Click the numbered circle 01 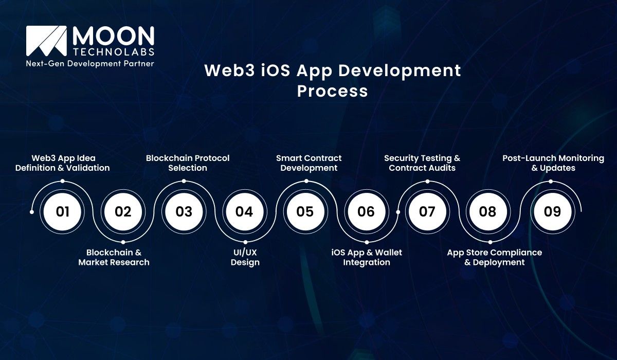(x=62, y=211)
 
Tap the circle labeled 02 (x=123, y=211)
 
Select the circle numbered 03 (x=184, y=211)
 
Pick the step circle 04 (x=244, y=211)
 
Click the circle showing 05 (x=305, y=211)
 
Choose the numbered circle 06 (x=366, y=211)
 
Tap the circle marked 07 (x=427, y=211)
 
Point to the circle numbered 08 (x=487, y=211)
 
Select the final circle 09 (x=552, y=211)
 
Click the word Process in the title (x=333, y=91)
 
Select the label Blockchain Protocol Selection (x=188, y=163)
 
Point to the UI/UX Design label (x=245, y=257)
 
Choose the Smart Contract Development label (x=308, y=163)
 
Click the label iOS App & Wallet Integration (x=367, y=257)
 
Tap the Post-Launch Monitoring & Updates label (x=553, y=163)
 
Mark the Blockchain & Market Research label (x=114, y=257)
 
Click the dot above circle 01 (x=62, y=181)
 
